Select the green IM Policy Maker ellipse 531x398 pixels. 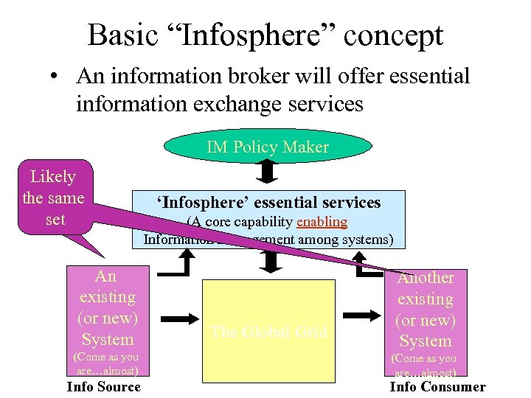[x=268, y=147]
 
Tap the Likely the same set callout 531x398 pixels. [x=54, y=198]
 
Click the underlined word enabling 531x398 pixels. [x=321, y=222]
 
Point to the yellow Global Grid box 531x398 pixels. [x=268, y=331]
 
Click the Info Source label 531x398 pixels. [x=103, y=387]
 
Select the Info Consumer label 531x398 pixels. [x=437, y=387]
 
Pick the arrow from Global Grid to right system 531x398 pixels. [x=361, y=315]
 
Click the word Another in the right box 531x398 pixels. [x=426, y=278]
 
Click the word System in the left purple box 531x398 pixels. [x=108, y=340]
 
